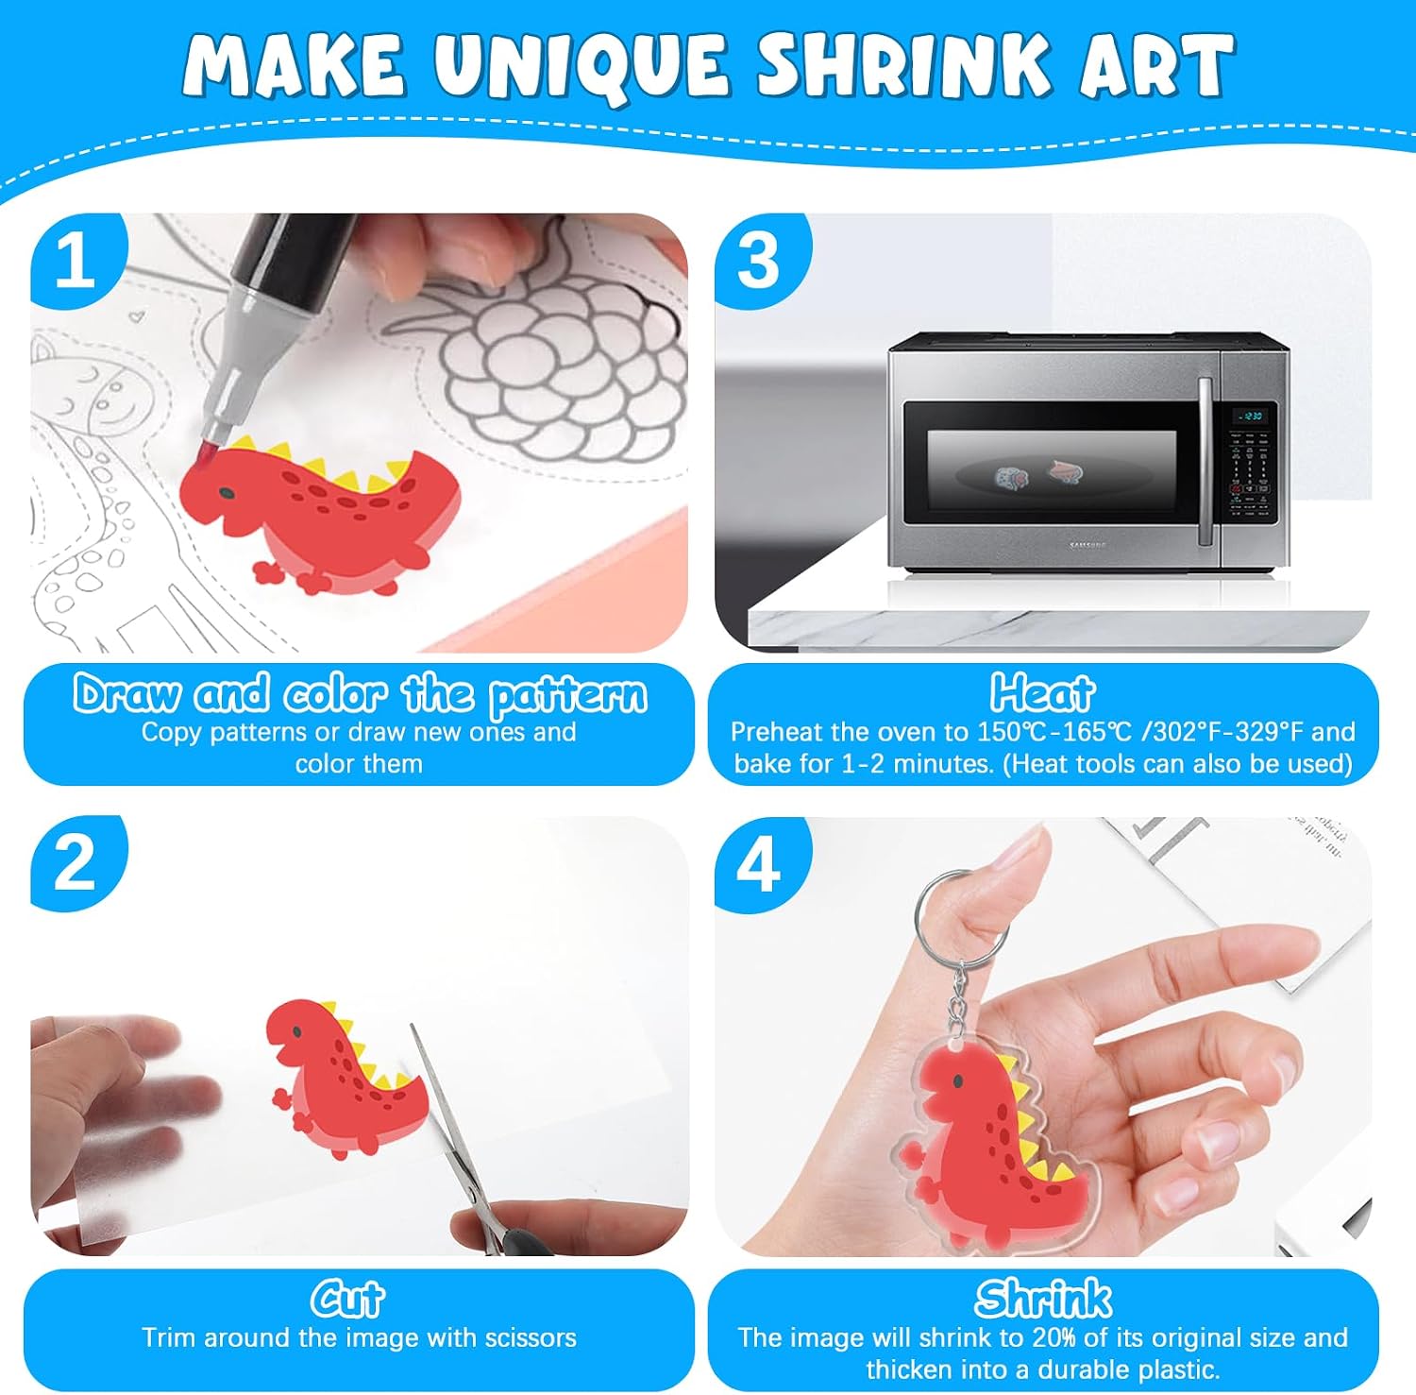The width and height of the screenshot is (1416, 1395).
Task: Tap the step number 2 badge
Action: click(76, 862)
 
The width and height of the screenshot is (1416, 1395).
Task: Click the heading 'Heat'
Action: click(1043, 693)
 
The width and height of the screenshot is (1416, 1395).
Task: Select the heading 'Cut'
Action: click(348, 1300)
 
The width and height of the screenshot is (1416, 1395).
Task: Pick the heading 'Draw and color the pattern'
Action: click(361, 695)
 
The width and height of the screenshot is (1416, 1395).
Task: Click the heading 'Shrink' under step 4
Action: click(1043, 1300)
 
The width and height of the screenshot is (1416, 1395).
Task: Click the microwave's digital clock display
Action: click(1252, 416)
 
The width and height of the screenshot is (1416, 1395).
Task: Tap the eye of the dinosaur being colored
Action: click(227, 493)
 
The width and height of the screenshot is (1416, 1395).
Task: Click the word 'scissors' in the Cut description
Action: click(531, 1338)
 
